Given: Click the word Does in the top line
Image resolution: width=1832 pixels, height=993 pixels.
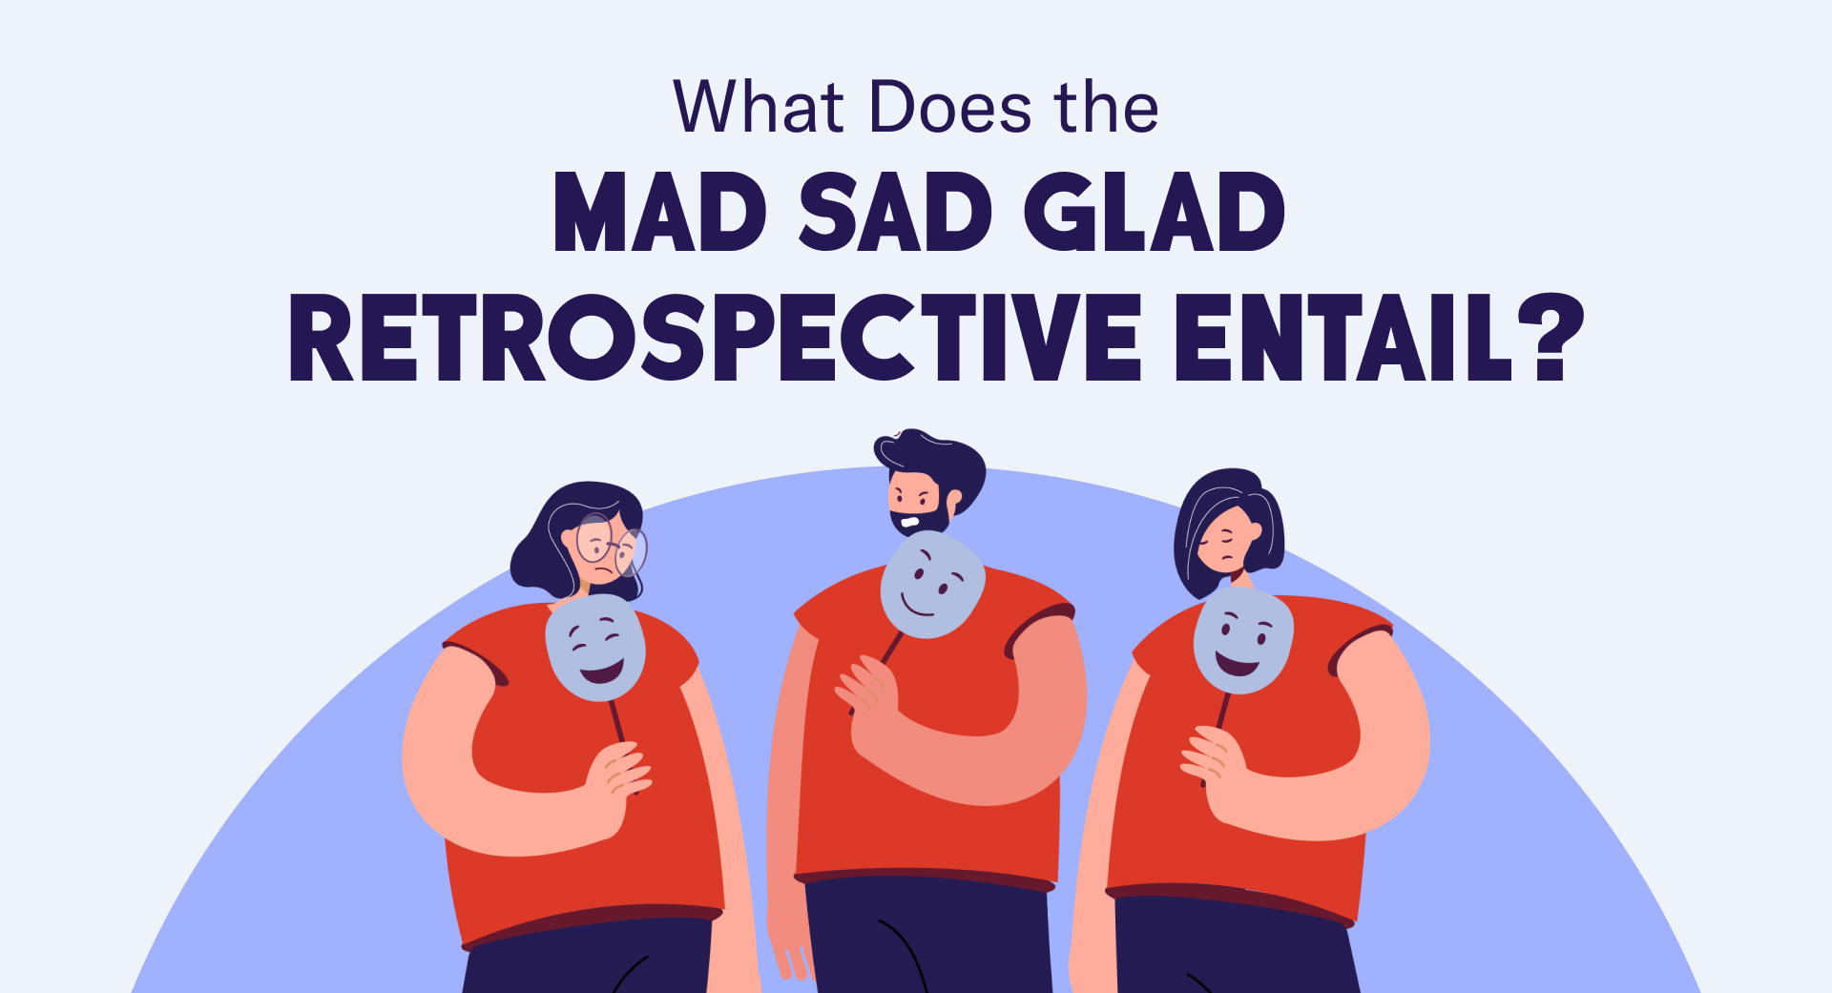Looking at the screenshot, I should pos(950,107).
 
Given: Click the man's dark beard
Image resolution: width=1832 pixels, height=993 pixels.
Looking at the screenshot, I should pos(922,521).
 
